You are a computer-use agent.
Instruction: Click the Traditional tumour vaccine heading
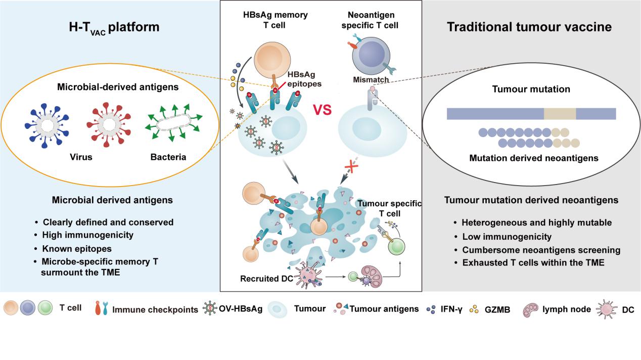529,27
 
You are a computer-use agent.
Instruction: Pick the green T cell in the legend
45,307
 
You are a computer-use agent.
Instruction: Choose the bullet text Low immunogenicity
499,236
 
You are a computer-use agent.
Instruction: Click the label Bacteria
168,157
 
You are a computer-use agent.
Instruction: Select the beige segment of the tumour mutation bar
560,114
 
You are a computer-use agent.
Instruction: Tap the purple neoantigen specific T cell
372,54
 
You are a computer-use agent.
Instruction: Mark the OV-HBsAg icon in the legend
208,308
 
